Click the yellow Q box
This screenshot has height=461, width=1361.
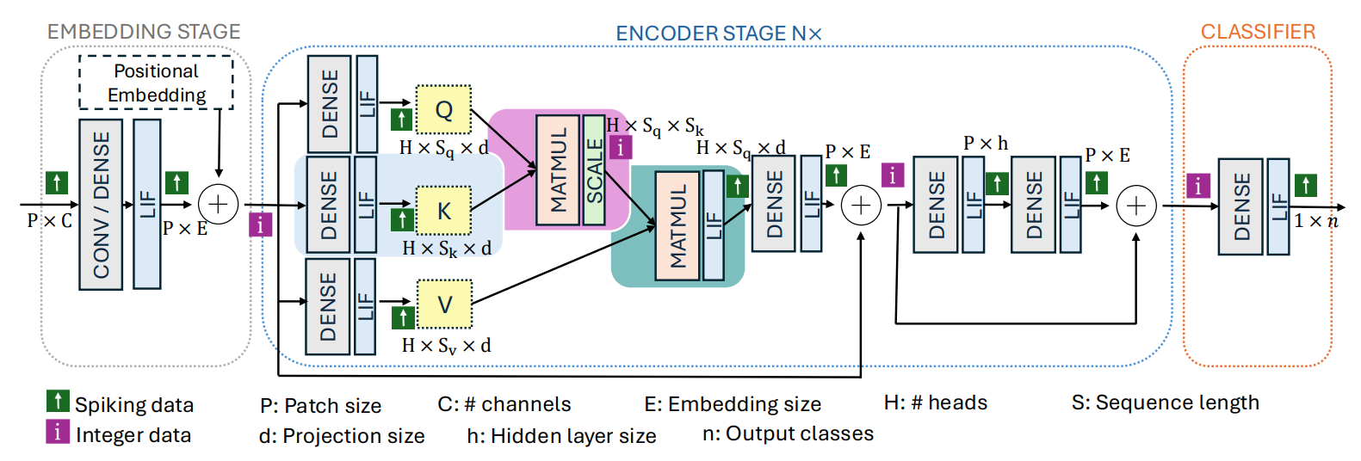[x=443, y=110]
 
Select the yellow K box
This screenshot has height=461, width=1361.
[x=443, y=211]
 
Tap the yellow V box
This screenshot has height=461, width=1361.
[x=444, y=304]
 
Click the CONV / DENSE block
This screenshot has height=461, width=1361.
[x=101, y=205]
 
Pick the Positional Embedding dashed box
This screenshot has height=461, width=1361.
[x=156, y=83]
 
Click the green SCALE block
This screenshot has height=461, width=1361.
[x=594, y=170]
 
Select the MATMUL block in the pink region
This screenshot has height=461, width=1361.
[x=558, y=170]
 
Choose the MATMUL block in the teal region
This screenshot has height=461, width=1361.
[x=677, y=226]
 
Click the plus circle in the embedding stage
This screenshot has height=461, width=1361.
[x=218, y=205]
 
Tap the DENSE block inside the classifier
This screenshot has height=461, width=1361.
[x=1240, y=207]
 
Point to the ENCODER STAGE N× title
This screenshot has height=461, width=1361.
[x=718, y=34]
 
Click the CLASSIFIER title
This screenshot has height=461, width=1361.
[x=1258, y=33]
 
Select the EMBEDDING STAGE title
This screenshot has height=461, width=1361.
[x=144, y=32]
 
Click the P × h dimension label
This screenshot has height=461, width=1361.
[x=985, y=144]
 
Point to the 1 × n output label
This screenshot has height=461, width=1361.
[x=1316, y=221]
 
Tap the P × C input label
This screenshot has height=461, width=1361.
[x=49, y=221]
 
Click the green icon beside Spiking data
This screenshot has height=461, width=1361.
[x=58, y=401]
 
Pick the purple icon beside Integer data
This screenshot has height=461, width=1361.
[x=58, y=432]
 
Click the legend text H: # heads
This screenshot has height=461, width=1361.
[x=935, y=403]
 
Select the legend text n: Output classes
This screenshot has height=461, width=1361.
[x=788, y=433]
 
